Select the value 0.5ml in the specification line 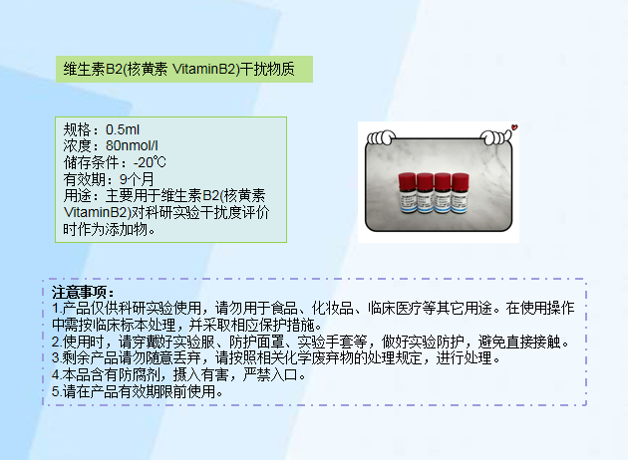pyautogui.click(x=123, y=129)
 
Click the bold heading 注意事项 pyautogui.click(x=84, y=292)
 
